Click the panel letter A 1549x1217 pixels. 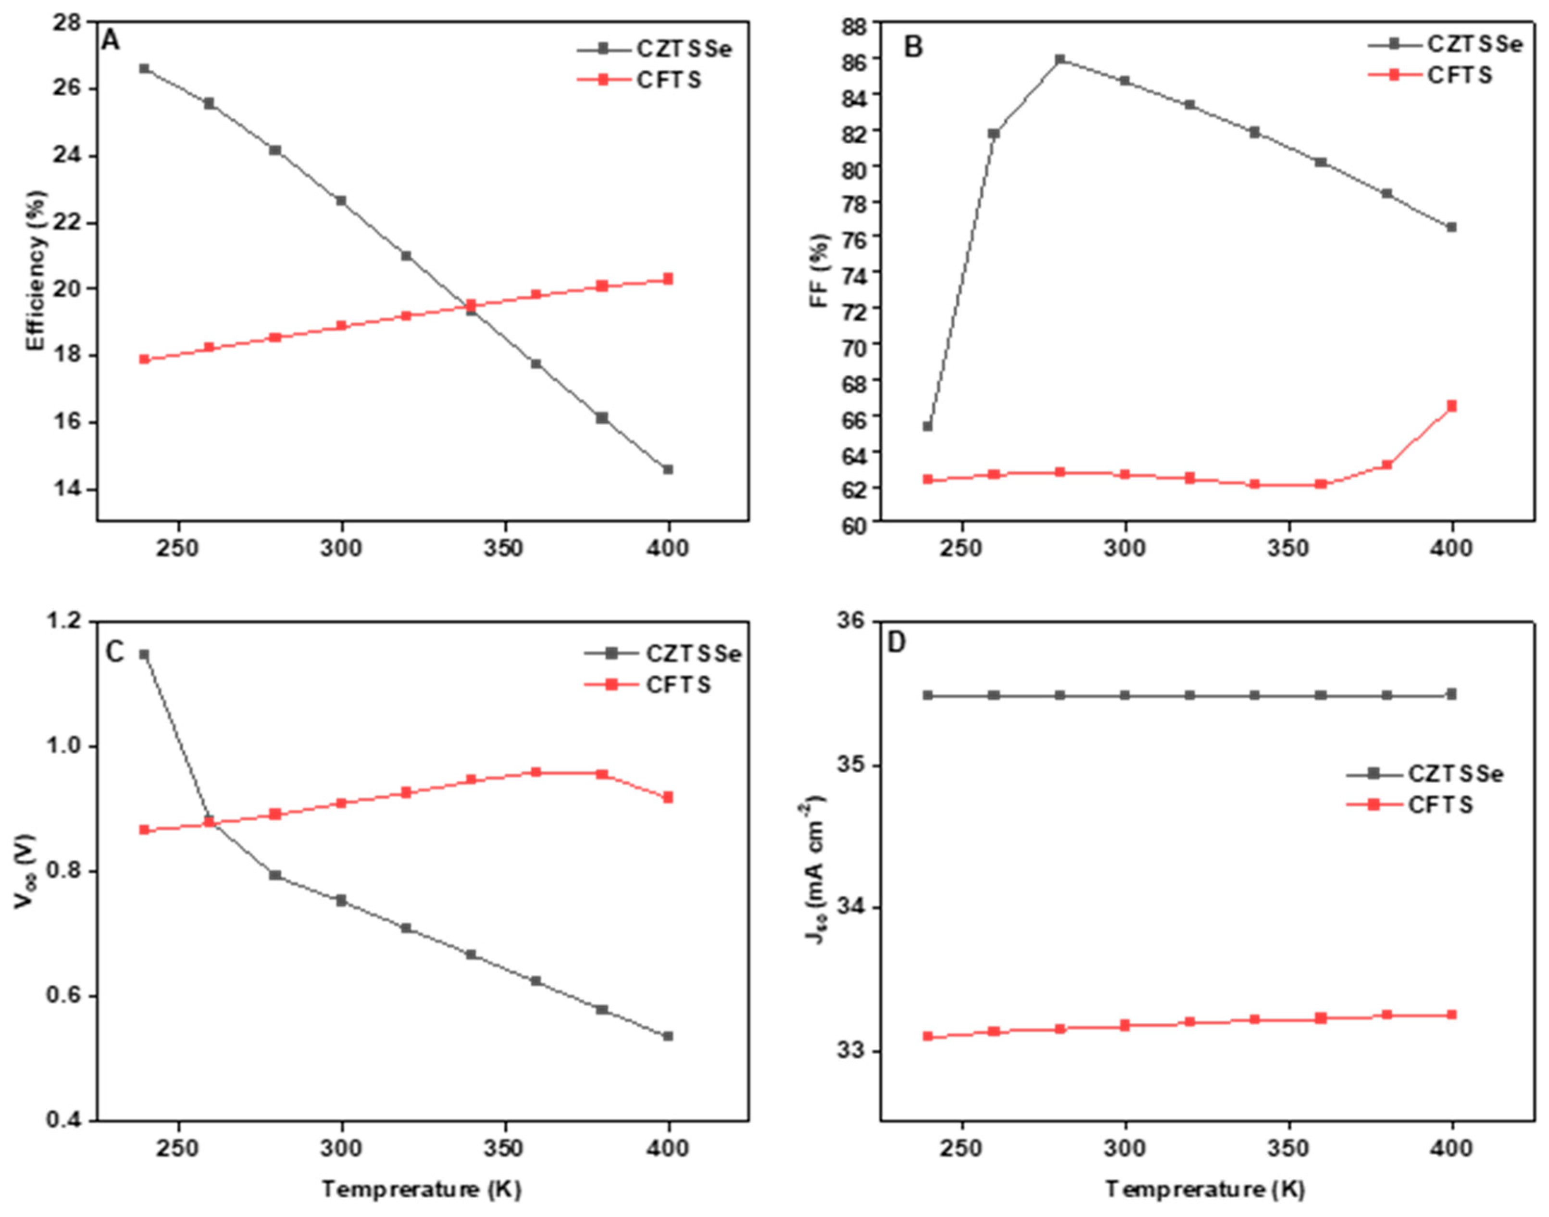coord(111,41)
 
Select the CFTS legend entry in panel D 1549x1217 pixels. coord(1439,805)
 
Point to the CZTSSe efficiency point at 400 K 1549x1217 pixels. coord(668,470)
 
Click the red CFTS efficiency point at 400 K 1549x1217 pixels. coord(668,278)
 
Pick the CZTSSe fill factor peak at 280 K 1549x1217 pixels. coord(1060,59)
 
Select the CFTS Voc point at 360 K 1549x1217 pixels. coord(536,772)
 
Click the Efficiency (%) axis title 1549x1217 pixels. coord(37,271)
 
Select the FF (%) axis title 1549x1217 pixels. coord(820,271)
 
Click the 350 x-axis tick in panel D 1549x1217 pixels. coord(1289,1149)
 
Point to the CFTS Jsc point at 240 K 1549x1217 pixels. coord(928,1036)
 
